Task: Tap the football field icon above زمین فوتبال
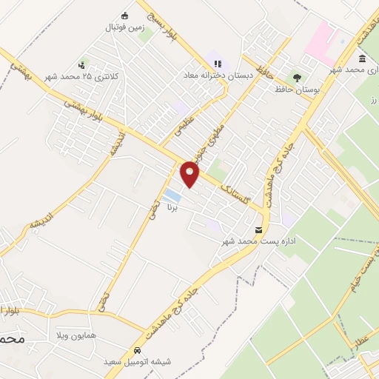pos(124,16)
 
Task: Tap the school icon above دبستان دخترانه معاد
pos(218,64)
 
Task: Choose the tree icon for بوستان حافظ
pos(297,78)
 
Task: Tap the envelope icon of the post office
pos(258,230)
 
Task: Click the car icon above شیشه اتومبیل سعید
pos(137,349)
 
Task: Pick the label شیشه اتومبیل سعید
pos(138,361)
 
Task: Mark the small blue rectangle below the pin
pos(172,195)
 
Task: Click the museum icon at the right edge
pos(361,59)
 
